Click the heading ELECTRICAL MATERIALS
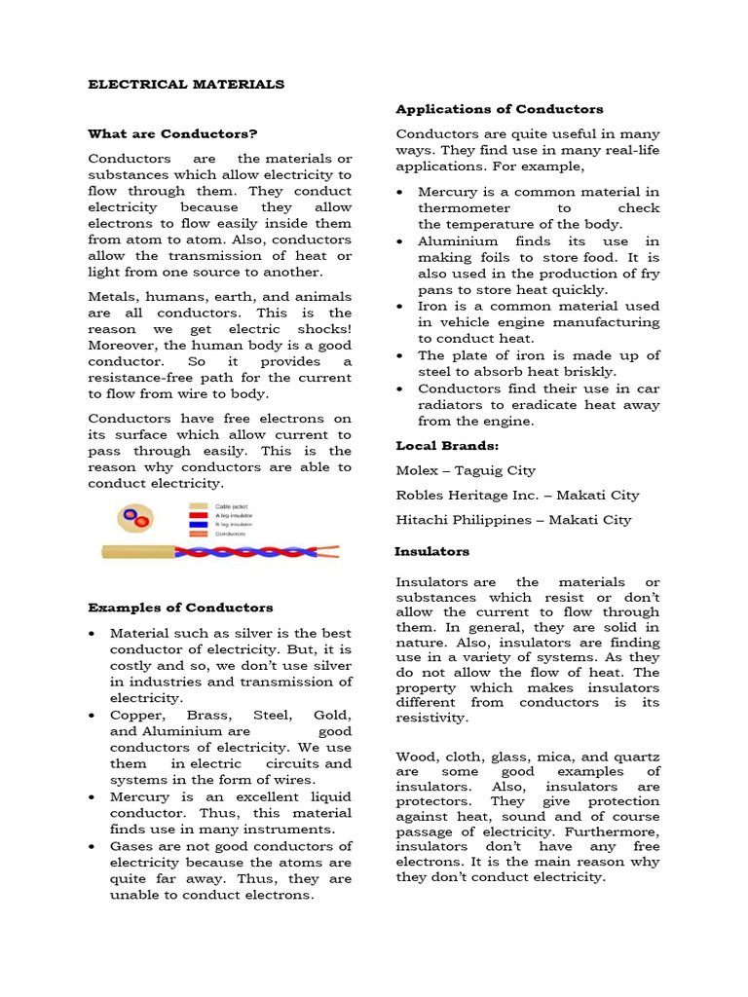[x=186, y=85]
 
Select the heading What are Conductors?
[x=172, y=133]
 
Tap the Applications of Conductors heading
[x=499, y=109]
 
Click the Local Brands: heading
[x=433, y=445]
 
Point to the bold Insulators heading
[x=431, y=551]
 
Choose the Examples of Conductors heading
[x=180, y=608]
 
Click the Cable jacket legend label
[x=231, y=506]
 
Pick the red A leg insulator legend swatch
[x=198, y=515]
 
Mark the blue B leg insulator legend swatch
[x=198, y=525]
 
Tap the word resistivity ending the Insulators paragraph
[x=431, y=718]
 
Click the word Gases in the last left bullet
[x=131, y=846]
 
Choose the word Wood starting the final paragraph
[x=415, y=757]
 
